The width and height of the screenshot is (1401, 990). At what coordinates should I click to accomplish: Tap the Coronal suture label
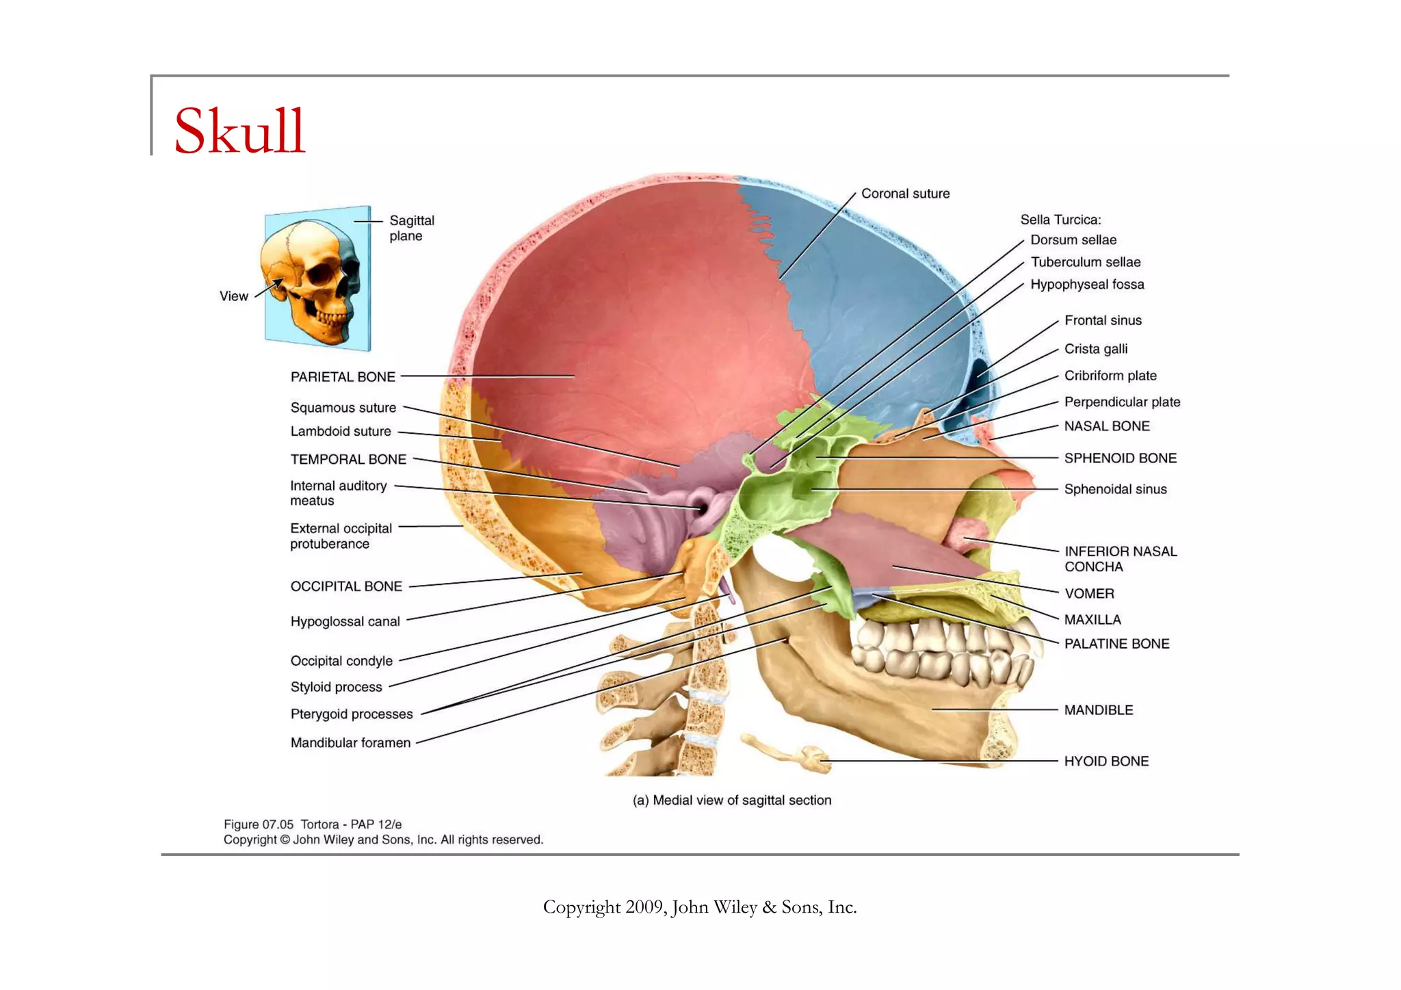point(905,194)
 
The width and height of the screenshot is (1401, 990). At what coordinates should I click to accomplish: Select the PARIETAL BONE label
point(343,377)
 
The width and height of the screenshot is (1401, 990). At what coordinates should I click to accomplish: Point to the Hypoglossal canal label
point(345,621)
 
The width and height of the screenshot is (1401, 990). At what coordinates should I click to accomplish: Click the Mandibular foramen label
point(350,742)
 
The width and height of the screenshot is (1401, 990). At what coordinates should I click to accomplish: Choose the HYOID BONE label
point(1106,761)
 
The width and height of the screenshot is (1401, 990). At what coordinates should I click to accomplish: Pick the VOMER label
point(1089,593)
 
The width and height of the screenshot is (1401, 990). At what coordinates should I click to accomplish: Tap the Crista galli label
point(1096,349)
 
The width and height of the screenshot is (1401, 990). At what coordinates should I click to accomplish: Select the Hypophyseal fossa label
point(1087,285)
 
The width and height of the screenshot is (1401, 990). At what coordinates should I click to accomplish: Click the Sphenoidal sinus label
point(1115,489)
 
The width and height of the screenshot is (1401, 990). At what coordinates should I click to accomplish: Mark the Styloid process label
point(336,687)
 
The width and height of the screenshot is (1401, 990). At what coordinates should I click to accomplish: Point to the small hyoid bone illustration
point(794,753)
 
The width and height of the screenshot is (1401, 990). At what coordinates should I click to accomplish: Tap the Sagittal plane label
point(412,228)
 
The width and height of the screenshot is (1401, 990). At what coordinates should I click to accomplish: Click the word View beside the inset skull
point(233,296)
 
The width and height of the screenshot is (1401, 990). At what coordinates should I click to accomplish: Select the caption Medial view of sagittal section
point(732,800)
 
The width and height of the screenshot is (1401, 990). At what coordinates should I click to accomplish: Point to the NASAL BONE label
point(1107,426)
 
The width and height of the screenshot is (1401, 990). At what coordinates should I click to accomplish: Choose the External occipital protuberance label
point(341,536)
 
